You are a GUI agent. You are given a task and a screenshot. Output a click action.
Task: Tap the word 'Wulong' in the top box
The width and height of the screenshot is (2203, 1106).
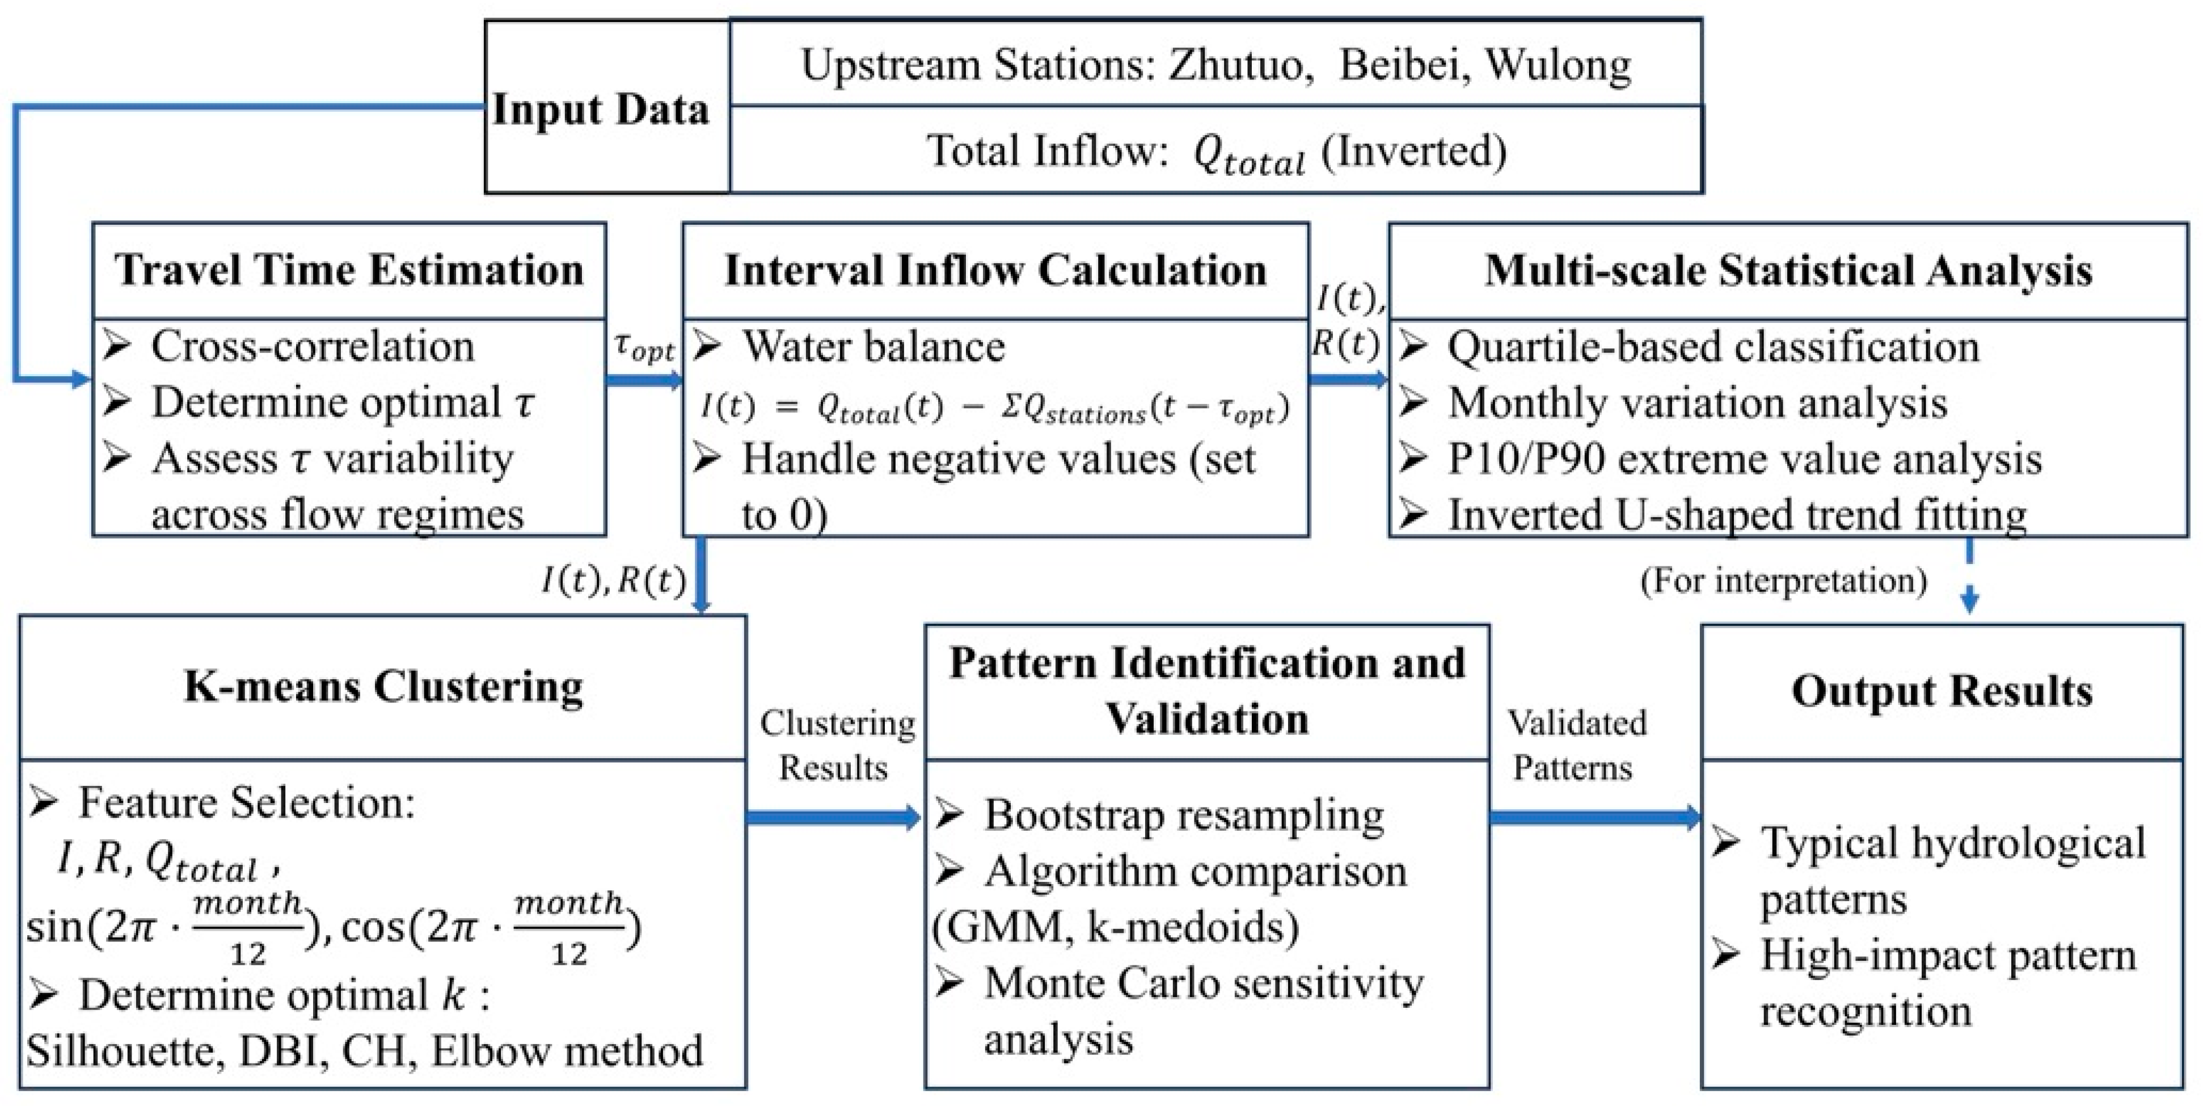1558,65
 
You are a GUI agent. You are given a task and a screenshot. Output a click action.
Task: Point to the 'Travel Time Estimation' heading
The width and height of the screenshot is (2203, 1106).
349,270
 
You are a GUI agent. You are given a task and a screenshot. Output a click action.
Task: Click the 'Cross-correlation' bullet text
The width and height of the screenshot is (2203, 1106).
312,346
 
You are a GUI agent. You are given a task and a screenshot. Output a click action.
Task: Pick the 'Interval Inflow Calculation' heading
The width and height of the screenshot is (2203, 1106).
995,270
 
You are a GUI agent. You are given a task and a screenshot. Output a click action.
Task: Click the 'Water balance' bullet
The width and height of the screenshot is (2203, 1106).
873,346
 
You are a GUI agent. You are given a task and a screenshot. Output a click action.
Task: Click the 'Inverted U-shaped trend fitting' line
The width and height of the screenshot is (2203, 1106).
1736,514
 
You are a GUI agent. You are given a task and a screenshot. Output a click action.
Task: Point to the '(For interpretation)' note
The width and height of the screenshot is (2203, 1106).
1783,580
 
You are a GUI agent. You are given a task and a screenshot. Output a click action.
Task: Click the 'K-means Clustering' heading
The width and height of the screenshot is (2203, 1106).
383,686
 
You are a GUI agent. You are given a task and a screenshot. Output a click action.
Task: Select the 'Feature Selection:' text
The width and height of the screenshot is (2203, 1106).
246,802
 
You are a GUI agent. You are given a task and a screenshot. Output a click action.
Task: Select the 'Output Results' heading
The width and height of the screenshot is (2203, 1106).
1942,690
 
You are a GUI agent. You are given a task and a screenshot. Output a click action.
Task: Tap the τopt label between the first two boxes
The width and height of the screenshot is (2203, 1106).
644,348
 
